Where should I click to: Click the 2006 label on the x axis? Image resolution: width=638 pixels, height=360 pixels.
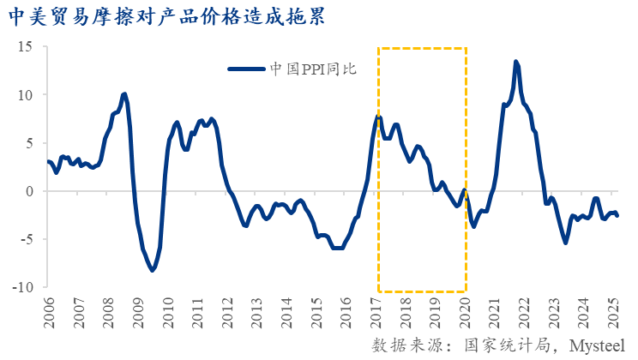pyautogui.click(x=49, y=313)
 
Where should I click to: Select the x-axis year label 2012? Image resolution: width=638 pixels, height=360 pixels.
pyautogui.click(x=226, y=313)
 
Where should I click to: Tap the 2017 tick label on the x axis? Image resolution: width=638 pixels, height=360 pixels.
pyautogui.click(x=376, y=313)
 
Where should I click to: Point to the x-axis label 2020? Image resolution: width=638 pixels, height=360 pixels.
pyautogui.click(x=466, y=313)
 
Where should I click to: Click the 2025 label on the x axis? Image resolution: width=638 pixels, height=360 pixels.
pyautogui.click(x=614, y=313)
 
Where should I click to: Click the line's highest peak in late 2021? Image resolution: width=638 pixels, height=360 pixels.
pyautogui.click(x=515, y=62)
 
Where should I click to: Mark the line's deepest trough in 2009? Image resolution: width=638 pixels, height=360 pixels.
pyautogui.click(x=153, y=270)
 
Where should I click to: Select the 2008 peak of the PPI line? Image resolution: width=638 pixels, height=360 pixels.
pyautogui.click(x=125, y=94)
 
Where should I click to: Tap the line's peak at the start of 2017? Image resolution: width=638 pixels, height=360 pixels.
pyautogui.click(x=377, y=116)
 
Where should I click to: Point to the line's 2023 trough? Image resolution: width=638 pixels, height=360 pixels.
pyautogui.click(x=565, y=243)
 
